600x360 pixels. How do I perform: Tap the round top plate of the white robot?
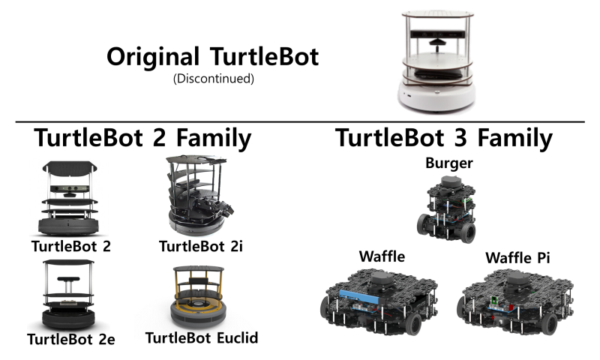point(438,14)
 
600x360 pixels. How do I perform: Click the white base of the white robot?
point(437,97)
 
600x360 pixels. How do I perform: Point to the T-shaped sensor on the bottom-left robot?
point(67,280)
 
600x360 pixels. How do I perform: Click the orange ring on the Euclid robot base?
point(196,304)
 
